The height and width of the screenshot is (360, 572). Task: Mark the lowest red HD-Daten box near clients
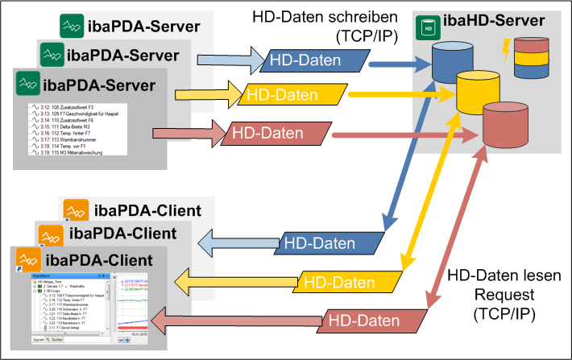coord(361,320)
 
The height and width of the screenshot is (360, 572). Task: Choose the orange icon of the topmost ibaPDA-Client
coord(75,212)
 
